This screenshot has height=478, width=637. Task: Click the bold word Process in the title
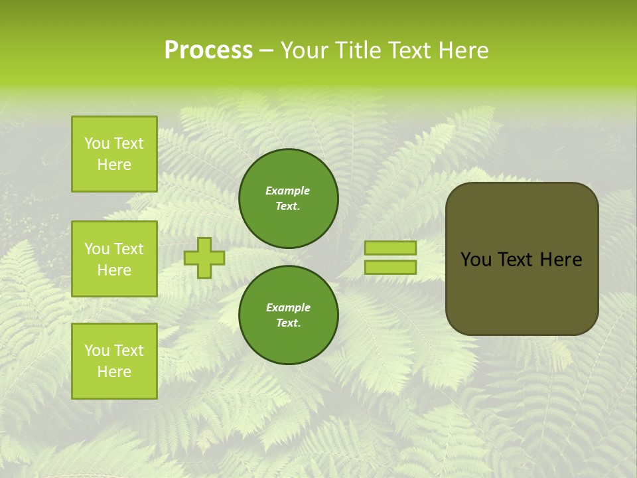coord(208,50)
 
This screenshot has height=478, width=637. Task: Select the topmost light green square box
coord(114,154)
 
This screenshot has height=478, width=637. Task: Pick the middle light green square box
coord(114,259)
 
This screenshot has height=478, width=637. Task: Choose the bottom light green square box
coord(114,361)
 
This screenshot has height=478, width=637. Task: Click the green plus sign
coord(204,258)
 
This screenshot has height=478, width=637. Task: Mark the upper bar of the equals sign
coord(390,248)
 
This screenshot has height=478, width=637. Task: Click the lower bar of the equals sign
coord(390,268)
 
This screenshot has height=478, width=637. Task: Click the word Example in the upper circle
coord(288,191)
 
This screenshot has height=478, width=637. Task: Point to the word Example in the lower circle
coord(288,307)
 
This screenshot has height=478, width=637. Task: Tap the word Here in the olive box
coord(561,260)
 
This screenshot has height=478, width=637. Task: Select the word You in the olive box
coord(476,260)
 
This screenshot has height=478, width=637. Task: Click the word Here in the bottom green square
coord(114,372)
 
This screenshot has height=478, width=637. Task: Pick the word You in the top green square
coord(98,143)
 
